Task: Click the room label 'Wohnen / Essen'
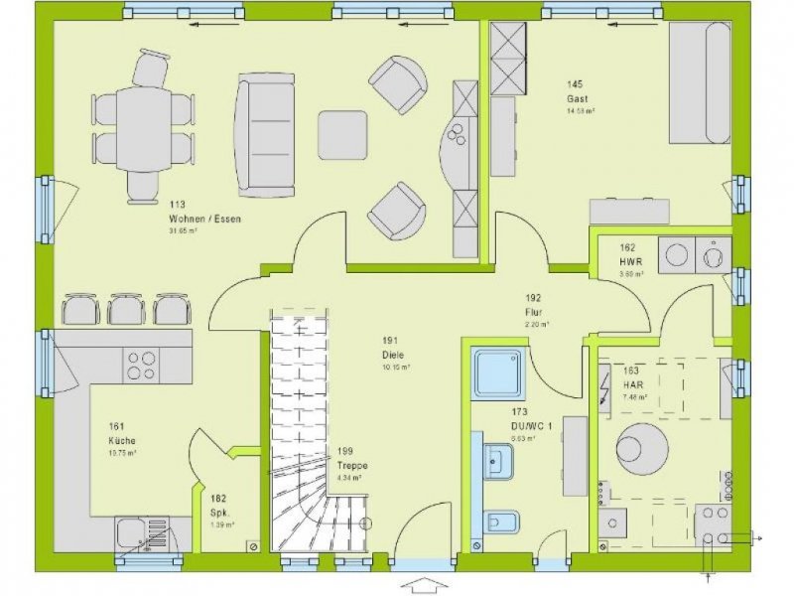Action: pyautogui.click(x=205, y=219)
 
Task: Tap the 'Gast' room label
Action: pyautogui.click(x=579, y=99)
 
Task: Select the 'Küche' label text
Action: pyautogui.click(x=123, y=440)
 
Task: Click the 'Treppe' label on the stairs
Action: pyautogui.click(x=351, y=465)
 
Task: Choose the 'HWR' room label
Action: pyautogui.click(x=633, y=261)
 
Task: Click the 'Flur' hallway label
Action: pyautogui.click(x=533, y=312)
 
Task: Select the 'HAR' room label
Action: pyautogui.click(x=633, y=385)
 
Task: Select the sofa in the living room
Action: pyautogui.click(x=265, y=132)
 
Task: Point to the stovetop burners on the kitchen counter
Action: pyautogui.click(x=141, y=365)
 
